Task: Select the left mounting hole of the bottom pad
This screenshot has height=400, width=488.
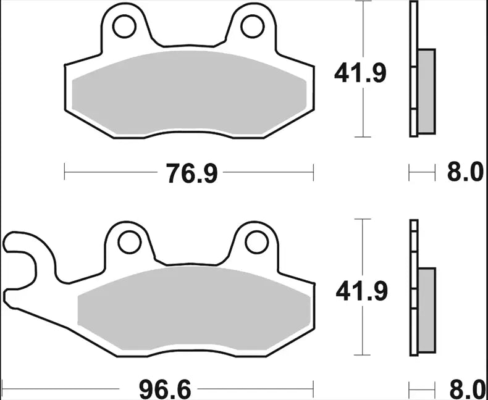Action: (x=129, y=242)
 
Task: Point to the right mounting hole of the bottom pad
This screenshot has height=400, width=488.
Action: (x=256, y=242)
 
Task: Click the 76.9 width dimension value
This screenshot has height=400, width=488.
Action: (x=191, y=174)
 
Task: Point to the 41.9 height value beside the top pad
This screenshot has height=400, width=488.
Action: (x=360, y=74)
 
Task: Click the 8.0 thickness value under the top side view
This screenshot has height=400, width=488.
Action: (x=465, y=173)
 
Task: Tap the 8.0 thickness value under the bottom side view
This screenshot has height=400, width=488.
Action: (x=465, y=390)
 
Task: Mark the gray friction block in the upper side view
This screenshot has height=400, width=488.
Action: (x=426, y=91)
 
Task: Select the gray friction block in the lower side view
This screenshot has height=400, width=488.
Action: (x=426, y=310)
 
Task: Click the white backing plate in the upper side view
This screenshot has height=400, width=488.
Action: (x=413, y=68)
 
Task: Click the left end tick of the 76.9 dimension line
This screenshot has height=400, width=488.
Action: (x=65, y=173)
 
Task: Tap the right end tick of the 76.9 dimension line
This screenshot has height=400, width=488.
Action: (x=313, y=173)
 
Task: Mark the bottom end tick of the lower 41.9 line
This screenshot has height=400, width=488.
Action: (x=362, y=355)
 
